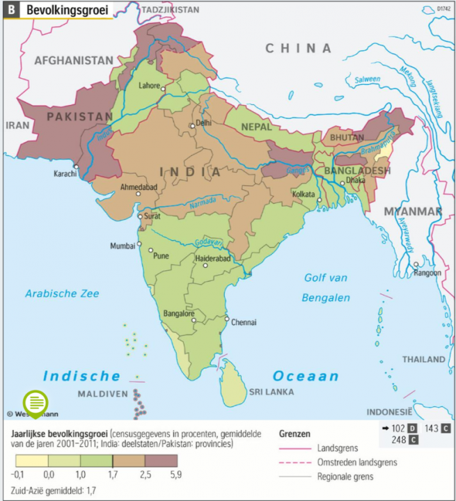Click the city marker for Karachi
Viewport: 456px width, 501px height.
pos(76,166)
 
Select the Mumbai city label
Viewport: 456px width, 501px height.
pos(123,246)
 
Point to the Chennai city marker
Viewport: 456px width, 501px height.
pos(226,321)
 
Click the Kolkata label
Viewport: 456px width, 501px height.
pos(305,194)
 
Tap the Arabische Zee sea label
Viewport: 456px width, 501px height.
pos(62,294)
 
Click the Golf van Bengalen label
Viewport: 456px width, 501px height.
pos(325,288)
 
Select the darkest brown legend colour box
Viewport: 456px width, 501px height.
pos(162,461)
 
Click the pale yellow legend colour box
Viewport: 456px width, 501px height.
pos(32,461)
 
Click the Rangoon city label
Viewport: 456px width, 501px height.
pos(428,273)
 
